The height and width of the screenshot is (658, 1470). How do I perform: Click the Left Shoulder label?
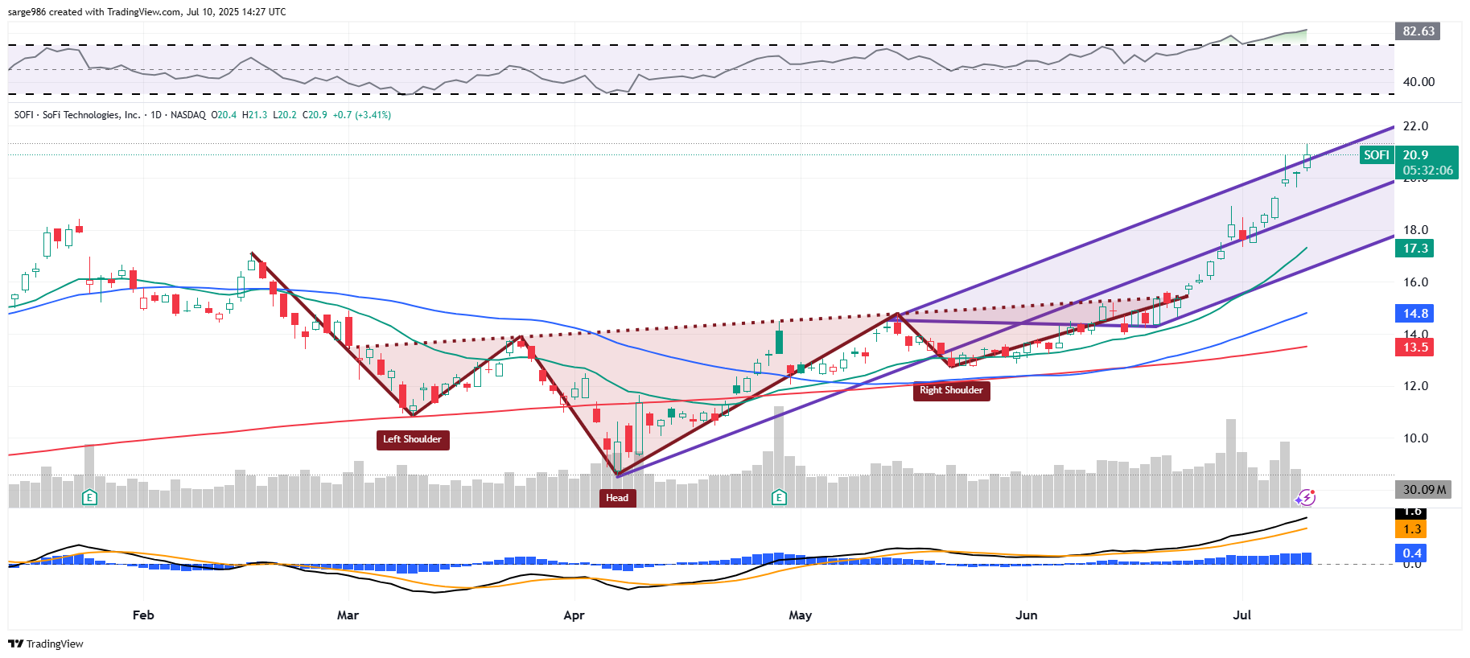[412, 439]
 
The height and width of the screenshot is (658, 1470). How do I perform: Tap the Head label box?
[617, 498]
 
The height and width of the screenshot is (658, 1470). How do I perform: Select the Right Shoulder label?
[951, 390]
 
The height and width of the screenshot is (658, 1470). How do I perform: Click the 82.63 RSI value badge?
[1418, 31]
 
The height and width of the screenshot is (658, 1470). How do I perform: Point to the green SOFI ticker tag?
[1376, 155]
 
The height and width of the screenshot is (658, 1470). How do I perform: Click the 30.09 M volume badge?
[1423, 490]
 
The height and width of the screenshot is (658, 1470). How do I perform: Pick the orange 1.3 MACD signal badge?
[1412, 529]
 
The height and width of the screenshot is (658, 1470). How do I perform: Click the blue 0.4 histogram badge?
[1412, 553]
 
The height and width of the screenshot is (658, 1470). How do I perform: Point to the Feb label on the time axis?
[143, 615]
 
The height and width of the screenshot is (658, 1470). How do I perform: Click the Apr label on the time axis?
[574, 615]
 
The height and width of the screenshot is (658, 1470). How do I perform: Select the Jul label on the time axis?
[1242, 615]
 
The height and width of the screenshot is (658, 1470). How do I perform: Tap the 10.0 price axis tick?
[1415, 438]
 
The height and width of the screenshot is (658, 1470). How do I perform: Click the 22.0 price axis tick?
[1415, 126]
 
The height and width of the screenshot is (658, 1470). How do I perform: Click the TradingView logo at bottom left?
[46, 644]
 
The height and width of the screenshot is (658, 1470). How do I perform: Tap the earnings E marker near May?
[779, 497]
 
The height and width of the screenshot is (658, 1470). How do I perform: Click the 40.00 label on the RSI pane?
[1419, 82]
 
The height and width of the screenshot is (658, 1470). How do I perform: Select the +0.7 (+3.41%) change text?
[362, 115]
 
